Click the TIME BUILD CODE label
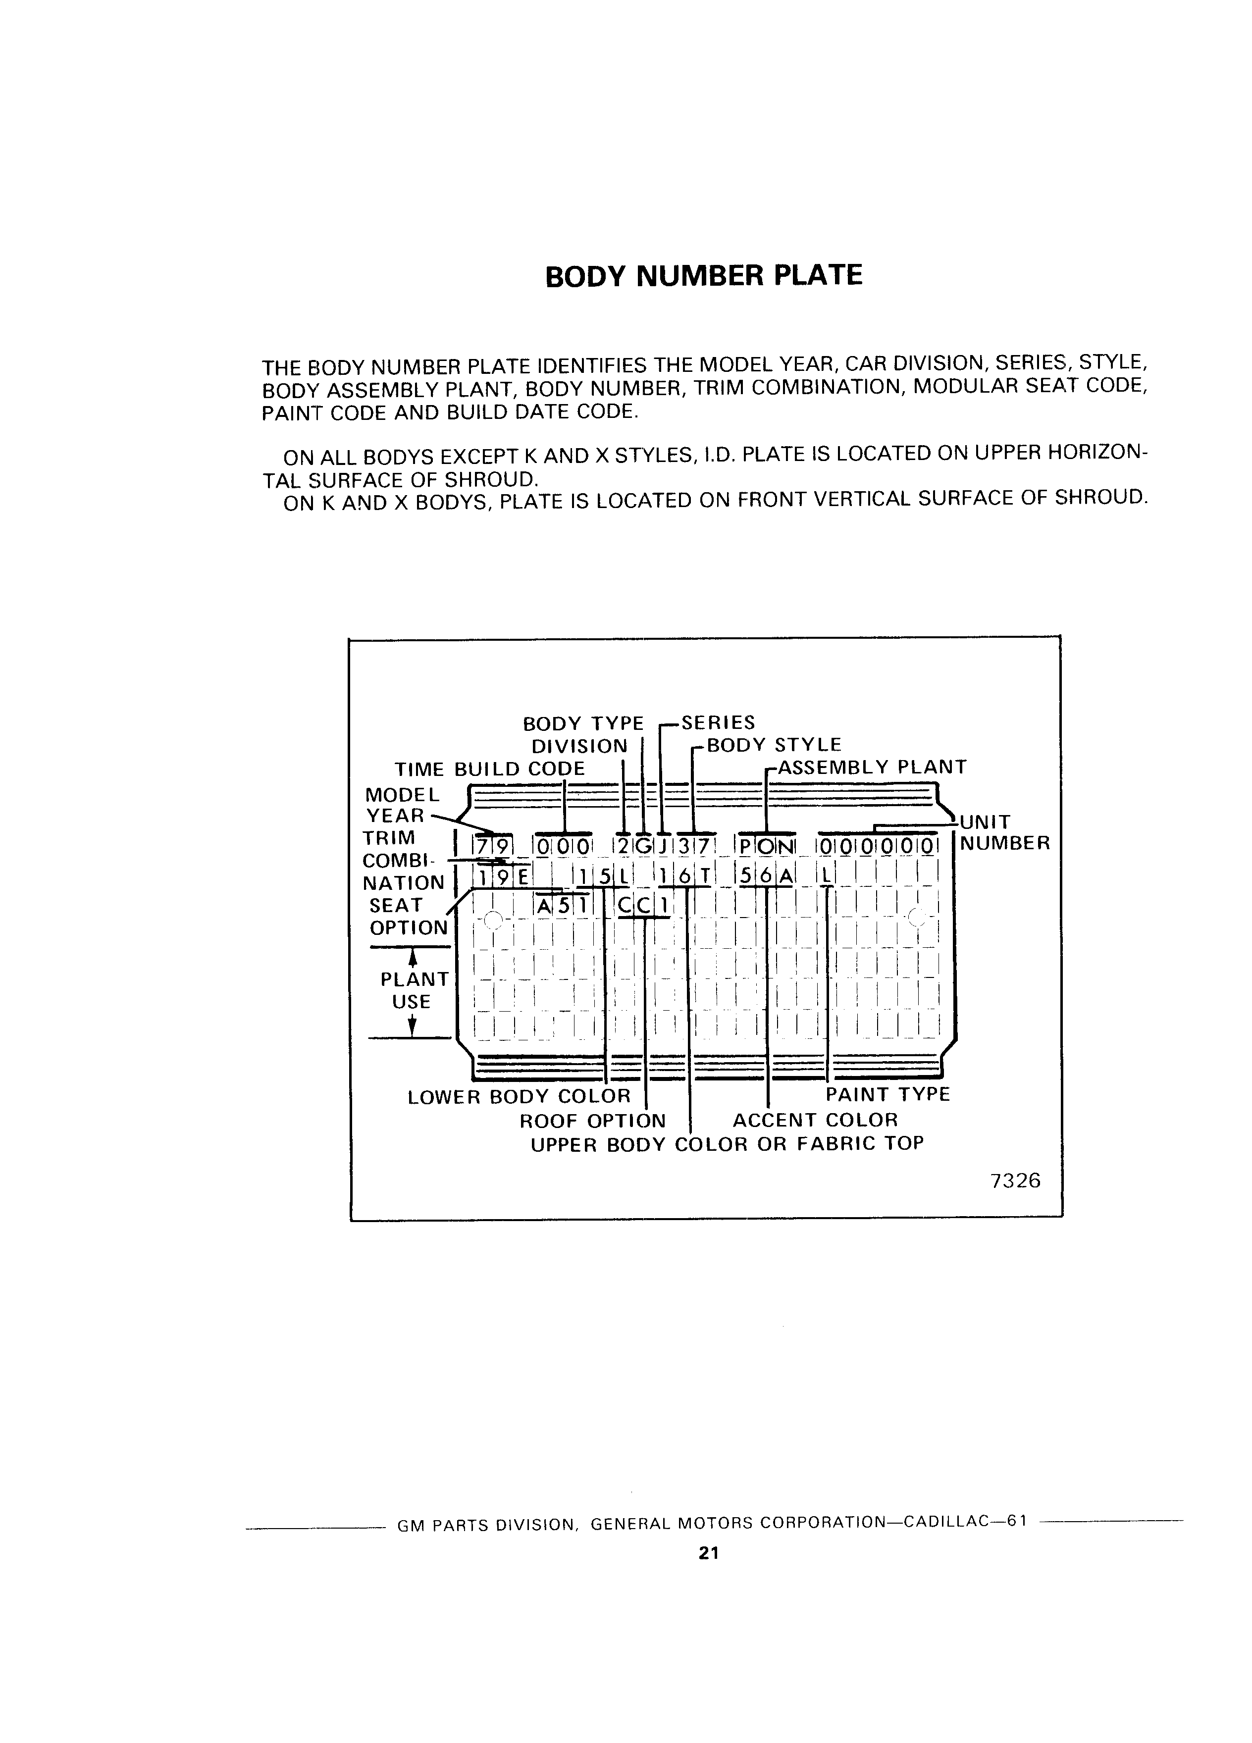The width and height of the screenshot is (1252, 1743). point(490,769)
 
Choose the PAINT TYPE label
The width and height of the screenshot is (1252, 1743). point(887,1094)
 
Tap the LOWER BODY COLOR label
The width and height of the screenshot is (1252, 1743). point(519,1096)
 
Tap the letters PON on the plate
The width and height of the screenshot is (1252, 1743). point(766,847)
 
